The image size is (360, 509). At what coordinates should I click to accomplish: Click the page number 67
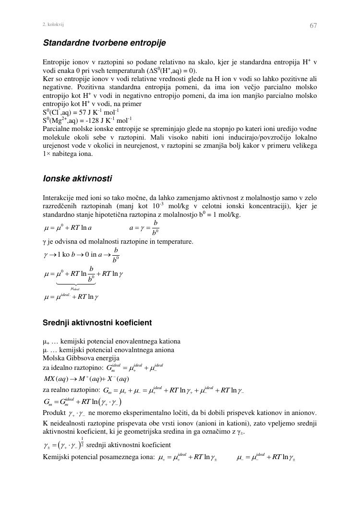[x=313, y=25]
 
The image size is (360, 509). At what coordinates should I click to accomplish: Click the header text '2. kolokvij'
[x=53, y=24]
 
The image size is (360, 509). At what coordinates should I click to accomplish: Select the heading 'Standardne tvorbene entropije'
[x=104, y=43]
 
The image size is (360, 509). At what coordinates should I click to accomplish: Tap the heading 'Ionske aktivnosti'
[x=77, y=179]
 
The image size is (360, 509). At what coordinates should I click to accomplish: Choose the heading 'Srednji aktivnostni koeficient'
[x=97, y=322]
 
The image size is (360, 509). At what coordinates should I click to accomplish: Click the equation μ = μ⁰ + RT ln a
[x=68, y=227]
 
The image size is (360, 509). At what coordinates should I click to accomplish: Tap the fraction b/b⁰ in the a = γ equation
[x=156, y=227]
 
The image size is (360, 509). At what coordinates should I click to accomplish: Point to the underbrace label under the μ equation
[x=75, y=288]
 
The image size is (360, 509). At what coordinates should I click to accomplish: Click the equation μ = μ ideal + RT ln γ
[x=71, y=296]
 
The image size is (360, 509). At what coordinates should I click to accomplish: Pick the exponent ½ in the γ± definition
[x=82, y=441]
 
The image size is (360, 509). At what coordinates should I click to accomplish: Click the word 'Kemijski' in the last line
[x=56, y=456]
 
